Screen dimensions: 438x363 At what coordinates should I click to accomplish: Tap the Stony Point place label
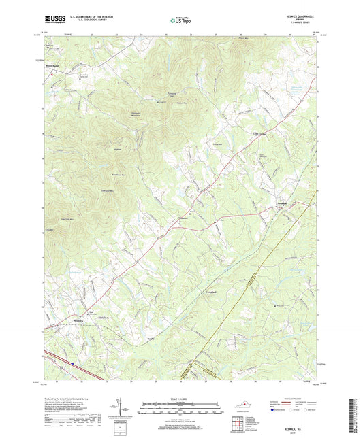(52, 66)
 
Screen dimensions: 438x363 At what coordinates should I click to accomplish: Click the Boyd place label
(151, 335)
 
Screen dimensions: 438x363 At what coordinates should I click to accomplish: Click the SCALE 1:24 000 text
(181, 398)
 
